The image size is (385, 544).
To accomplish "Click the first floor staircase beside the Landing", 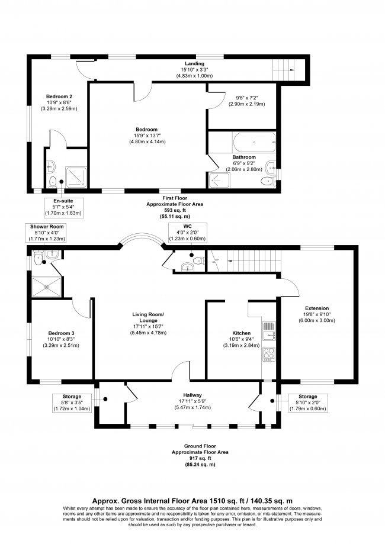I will coord(288,68).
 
